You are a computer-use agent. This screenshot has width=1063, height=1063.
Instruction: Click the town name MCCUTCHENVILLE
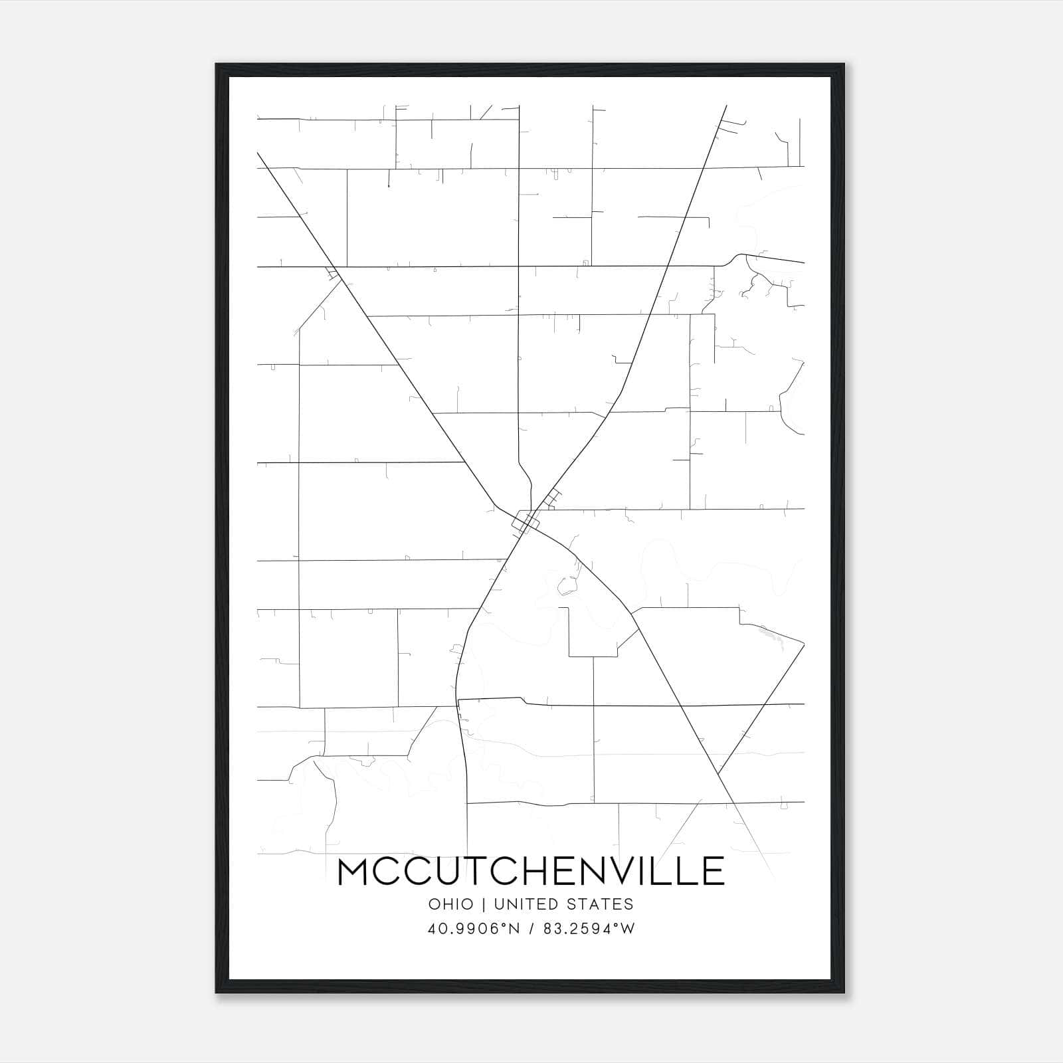coord(531,871)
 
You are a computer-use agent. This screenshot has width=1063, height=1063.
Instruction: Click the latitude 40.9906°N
coord(472,929)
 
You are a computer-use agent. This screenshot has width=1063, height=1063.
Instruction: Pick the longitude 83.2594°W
coord(589,929)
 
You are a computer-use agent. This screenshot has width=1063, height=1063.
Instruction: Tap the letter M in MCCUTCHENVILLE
coord(355,871)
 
